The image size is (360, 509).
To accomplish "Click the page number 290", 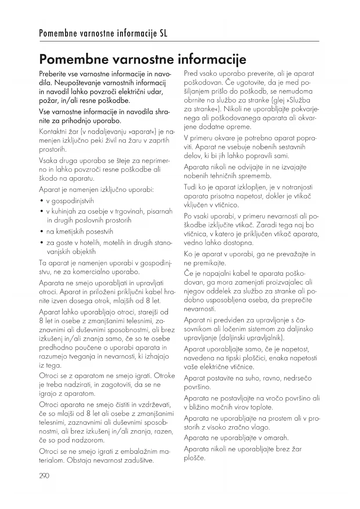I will point(44,476).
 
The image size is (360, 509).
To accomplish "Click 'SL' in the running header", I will point(163,34).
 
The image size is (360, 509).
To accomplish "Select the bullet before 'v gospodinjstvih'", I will point(42,201).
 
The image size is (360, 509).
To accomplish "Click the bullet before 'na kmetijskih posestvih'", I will point(42,232).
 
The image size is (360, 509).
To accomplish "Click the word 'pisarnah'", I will point(160,212).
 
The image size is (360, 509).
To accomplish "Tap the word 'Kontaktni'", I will point(51,132).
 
